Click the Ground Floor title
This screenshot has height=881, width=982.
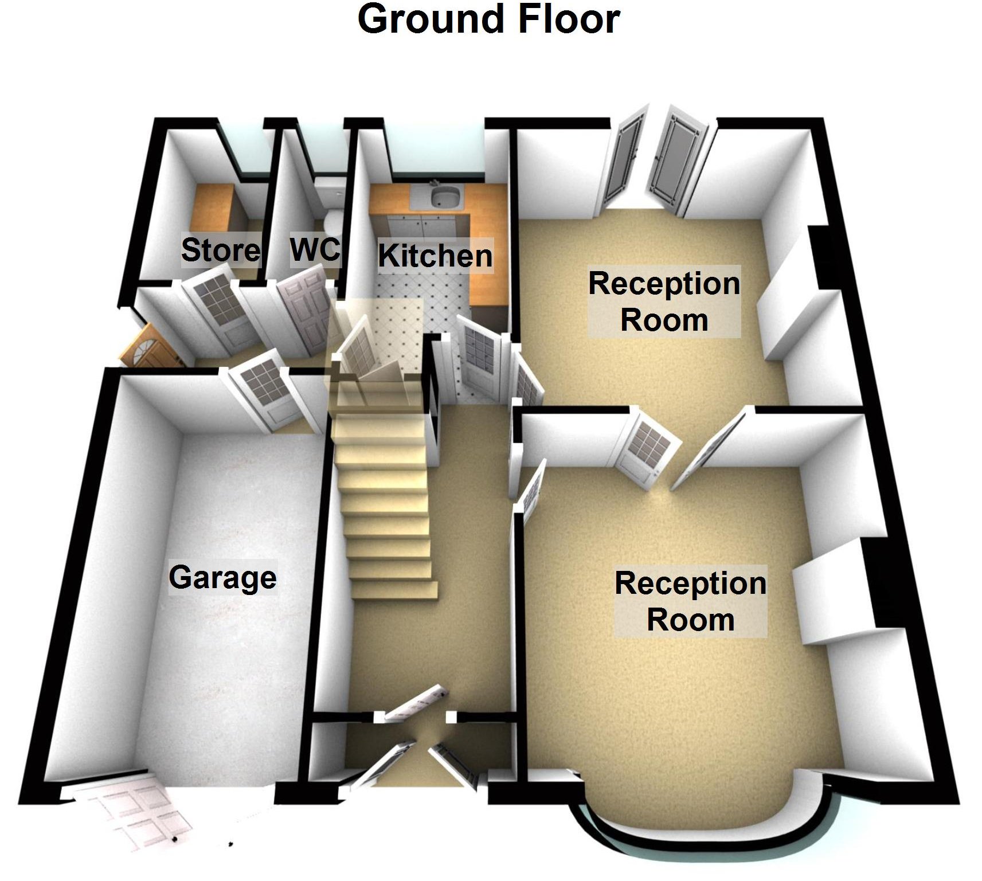[x=488, y=19]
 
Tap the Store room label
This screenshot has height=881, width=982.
[x=221, y=250]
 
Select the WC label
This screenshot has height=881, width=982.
[x=315, y=249]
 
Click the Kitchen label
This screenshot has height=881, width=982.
[x=435, y=256]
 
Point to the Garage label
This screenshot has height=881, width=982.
[x=222, y=577]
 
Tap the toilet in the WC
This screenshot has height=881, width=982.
[x=331, y=220]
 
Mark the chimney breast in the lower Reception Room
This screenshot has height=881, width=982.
[x=831, y=602]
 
